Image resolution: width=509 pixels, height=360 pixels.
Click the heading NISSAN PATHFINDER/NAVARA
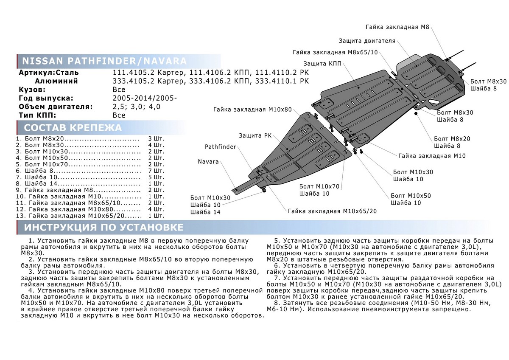104,60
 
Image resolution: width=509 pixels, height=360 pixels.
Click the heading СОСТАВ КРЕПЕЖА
73,128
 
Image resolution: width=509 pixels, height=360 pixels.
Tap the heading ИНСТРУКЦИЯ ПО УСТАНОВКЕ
104,227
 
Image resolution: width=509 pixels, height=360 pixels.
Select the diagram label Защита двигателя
367,41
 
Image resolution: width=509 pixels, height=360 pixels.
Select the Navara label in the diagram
208,162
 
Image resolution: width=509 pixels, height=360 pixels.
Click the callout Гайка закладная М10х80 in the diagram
252,110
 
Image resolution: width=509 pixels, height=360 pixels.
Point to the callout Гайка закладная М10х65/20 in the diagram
332,211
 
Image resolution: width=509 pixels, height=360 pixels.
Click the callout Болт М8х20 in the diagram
452,139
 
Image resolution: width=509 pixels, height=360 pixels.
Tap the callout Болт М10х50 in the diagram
411,196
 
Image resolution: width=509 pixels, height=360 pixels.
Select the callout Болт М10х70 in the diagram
319,186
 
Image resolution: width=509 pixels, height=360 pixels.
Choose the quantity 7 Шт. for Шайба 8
156,170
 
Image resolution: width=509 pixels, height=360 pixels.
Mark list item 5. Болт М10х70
42,164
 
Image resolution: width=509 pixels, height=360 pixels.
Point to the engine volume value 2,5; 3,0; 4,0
137,107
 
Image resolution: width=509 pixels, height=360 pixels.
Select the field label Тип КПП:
38,115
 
